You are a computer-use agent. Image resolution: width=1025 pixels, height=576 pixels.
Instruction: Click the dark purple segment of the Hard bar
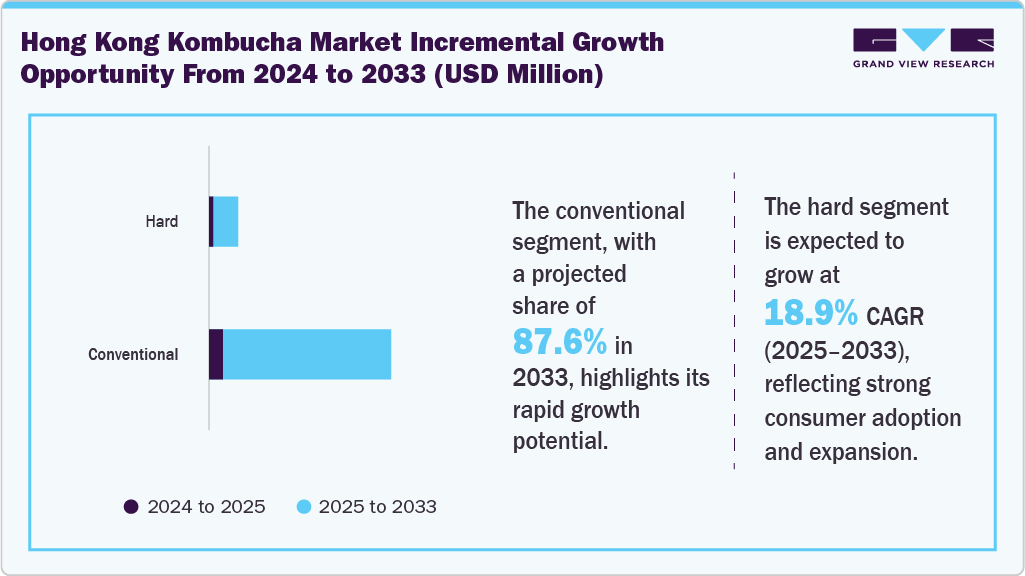tap(211, 221)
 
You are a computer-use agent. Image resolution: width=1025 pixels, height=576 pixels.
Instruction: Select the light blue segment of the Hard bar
tap(226, 221)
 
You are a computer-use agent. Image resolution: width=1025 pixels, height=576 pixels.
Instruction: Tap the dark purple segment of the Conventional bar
tap(216, 354)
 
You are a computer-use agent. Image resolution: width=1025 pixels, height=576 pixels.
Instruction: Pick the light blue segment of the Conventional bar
tap(307, 354)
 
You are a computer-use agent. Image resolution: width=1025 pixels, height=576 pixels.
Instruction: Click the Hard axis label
tap(162, 222)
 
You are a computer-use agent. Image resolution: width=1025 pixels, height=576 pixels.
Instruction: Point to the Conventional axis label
tap(133, 355)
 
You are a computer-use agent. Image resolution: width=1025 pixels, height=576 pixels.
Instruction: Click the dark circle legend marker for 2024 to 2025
tap(131, 507)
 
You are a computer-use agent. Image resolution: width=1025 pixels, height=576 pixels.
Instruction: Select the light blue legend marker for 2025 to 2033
tap(303, 507)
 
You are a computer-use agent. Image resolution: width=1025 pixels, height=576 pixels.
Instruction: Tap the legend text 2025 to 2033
tap(377, 507)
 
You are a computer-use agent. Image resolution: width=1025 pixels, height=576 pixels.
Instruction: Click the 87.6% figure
tap(560, 343)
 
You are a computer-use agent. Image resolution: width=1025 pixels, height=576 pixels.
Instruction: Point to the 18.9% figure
tap(811, 313)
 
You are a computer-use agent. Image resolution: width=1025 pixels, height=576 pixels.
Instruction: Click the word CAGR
tap(897, 317)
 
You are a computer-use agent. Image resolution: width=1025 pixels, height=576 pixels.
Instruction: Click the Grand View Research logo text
tap(923, 64)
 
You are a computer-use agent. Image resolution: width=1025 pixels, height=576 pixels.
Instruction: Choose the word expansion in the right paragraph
tap(867, 451)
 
